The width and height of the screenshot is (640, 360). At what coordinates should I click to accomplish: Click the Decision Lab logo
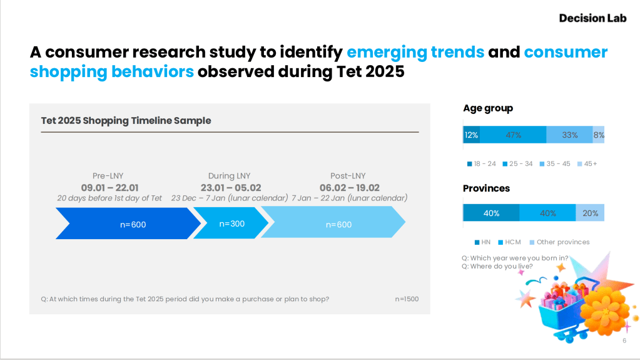click(x=592, y=18)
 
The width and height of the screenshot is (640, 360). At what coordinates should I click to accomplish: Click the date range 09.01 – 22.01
click(x=109, y=188)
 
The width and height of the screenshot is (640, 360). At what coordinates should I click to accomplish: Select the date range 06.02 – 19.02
click(x=349, y=188)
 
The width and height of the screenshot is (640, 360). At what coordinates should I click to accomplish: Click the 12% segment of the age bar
click(x=471, y=135)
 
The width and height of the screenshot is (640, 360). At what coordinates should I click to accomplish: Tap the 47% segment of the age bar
click(x=513, y=135)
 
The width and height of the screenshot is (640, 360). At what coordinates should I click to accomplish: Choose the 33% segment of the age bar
click(x=569, y=135)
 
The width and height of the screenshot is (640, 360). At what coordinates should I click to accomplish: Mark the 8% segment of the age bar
click(x=599, y=135)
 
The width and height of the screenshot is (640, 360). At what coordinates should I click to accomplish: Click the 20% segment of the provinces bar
click(x=590, y=213)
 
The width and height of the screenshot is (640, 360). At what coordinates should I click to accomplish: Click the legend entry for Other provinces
click(x=559, y=242)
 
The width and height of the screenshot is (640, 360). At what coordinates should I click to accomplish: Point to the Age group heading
click(x=487, y=108)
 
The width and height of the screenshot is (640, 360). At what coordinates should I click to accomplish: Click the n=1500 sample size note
click(x=407, y=299)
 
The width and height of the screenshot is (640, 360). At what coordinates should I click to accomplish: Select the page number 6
click(x=624, y=341)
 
